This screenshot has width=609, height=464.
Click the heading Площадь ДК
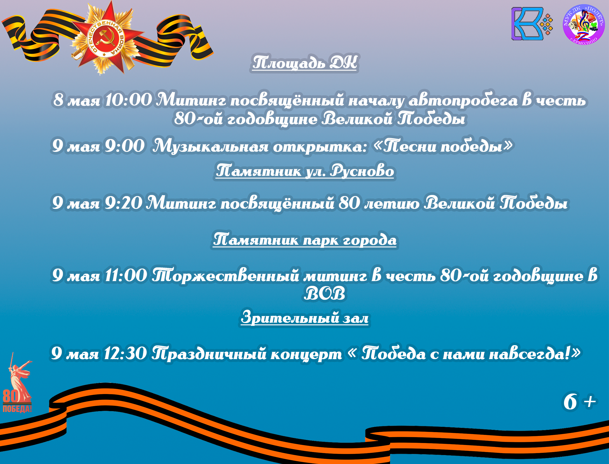[304, 62]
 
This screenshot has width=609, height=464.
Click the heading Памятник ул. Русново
[304, 171]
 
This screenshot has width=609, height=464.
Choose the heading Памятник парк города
[304, 240]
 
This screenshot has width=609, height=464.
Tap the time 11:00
[126, 275]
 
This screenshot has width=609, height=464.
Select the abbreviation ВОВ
[325, 294]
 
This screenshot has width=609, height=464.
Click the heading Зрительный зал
[304, 317]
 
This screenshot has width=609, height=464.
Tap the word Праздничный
[247, 354]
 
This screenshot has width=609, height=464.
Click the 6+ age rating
[579, 401]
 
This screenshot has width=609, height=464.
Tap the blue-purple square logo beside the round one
[532, 24]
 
